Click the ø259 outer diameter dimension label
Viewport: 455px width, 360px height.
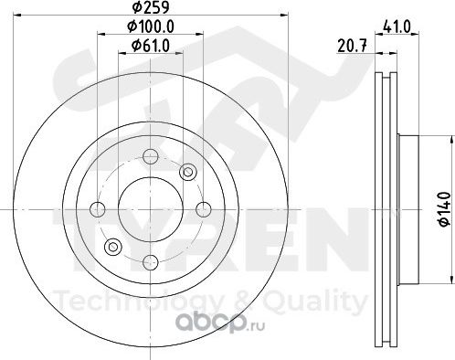coord(151,7)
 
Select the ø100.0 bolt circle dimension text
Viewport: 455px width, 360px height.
coord(151,26)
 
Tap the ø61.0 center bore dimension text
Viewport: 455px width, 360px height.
coord(151,46)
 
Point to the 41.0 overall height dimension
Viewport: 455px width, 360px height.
coord(397,26)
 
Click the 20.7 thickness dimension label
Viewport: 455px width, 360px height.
coord(352,46)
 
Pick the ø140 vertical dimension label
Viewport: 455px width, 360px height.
coord(445,209)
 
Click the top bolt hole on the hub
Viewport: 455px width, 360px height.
coord(151,157)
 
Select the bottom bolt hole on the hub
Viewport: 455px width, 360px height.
coord(151,262)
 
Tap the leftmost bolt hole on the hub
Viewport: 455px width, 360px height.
coord(98,209)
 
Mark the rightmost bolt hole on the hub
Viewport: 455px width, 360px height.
coord(203,209)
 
